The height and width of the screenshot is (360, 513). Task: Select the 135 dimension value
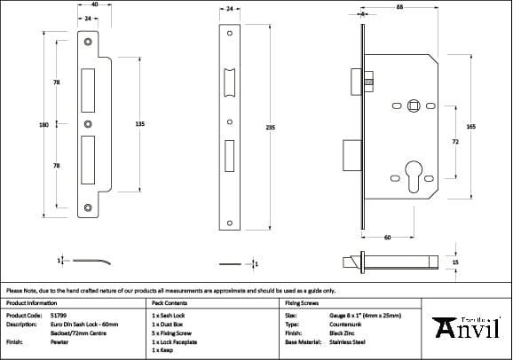tap(139, 125)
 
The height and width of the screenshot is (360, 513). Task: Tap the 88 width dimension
tap(399, 8)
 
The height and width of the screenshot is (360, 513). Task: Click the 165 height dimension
tap(470, 128)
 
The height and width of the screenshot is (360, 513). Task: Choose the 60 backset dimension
tap(387, 238)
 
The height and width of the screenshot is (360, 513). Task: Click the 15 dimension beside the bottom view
tap(456, 263)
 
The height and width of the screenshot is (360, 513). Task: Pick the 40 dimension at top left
tap(94, 5)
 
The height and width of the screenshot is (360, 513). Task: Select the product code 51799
tap(59, 315)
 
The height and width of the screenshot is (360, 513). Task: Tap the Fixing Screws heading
tap(301, 302)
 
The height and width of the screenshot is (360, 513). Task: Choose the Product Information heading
tap(31, 302)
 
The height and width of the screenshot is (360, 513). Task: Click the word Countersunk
tap(348, 324)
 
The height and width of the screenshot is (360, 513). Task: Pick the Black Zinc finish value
tap(344, 333)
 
